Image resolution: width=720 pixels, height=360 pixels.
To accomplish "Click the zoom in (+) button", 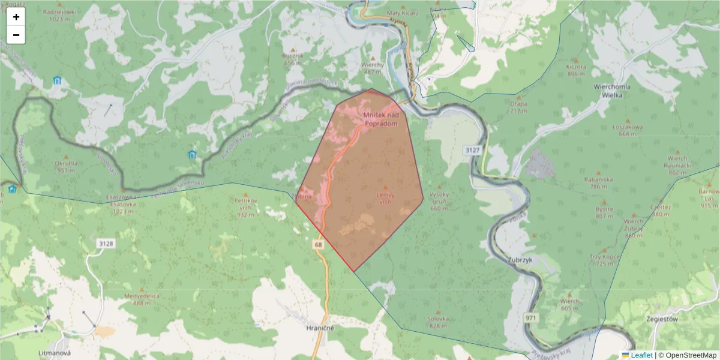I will coord(16,17).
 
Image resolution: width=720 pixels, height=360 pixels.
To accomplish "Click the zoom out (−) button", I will coord(16,35).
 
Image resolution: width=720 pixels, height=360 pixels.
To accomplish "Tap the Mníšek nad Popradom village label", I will coord(381,118).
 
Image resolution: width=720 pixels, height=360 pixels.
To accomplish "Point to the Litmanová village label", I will coord(54,353).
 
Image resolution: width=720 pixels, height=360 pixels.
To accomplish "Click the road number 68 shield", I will coord(318,244).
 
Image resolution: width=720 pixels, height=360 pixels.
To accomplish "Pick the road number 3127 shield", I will coord(472,149).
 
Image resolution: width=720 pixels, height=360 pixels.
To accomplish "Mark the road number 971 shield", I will coord(531,317).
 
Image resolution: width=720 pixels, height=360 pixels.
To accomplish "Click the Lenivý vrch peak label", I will coord(385,198).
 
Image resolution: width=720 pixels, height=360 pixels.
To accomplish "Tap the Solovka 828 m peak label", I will coord(439,322).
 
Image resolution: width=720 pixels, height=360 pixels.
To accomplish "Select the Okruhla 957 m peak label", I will coord(67,166).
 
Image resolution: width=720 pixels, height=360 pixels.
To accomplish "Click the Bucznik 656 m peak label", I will coord(293,59).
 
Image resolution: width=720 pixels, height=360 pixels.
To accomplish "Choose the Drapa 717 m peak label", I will coord(518,107).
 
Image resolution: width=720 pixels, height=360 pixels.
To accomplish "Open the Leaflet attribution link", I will coord(641,355).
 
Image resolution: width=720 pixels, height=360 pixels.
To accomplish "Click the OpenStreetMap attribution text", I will coord(691,355).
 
